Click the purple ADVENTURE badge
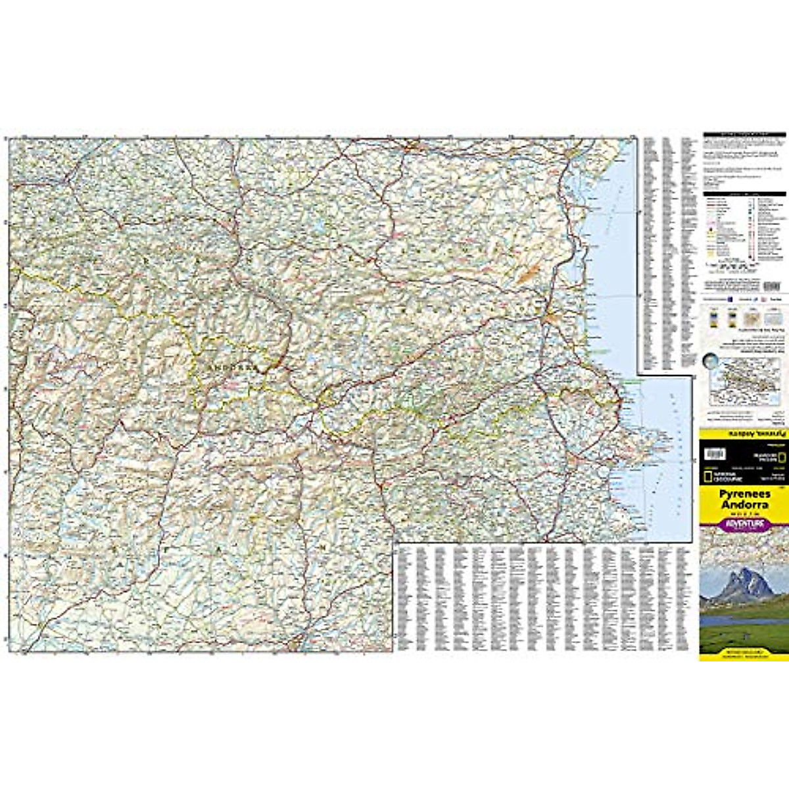point(744,524)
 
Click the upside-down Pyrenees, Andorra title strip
point(744,435)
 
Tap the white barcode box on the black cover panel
point(715,454)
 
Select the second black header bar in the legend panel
point(744,195)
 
